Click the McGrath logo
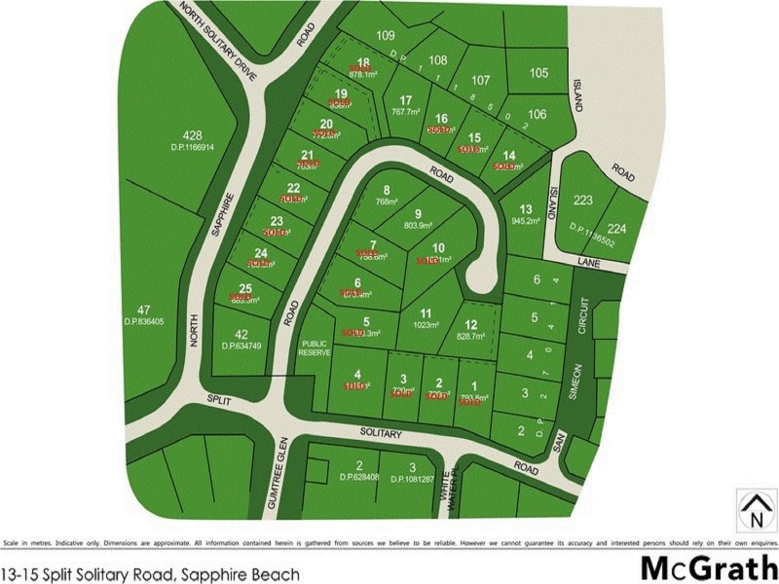(708, 567)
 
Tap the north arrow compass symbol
(751, 505)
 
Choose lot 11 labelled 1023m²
(425, 319)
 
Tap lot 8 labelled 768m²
(387, 196)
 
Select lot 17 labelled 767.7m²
(405, 105)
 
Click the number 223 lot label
(583, 201)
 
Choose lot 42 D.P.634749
(241, 339)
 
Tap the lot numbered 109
(386, 36)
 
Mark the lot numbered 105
(538, 73)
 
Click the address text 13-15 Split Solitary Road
(150, 574)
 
